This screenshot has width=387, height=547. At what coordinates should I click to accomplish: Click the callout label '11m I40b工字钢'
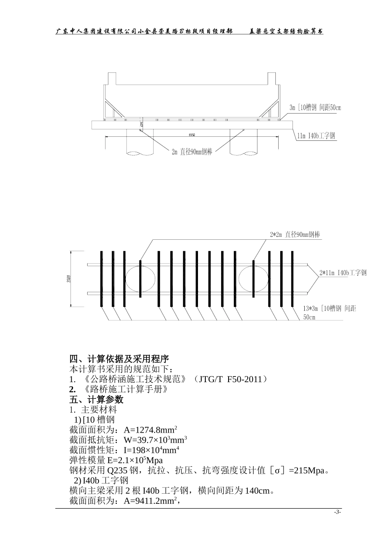(x=316, y=136)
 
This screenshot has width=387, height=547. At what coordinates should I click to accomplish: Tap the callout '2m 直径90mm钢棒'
(x=191, y=152)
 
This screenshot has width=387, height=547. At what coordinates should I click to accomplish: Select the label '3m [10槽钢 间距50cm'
(x=315, y=108)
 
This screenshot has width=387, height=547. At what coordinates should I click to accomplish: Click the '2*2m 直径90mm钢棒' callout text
(x=295, y=235)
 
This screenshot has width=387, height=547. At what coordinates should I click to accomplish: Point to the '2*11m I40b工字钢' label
(x=343, y=273)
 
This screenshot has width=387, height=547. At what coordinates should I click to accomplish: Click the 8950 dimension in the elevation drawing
(x=192, y=135)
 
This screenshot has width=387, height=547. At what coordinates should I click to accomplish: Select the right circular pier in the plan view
(x=253, y=279)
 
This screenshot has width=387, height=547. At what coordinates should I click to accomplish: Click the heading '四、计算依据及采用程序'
(x=119, y=359)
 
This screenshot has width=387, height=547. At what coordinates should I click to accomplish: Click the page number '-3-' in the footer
(x=337, y=512)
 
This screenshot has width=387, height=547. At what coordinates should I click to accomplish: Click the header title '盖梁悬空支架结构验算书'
(x=286, y=31)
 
